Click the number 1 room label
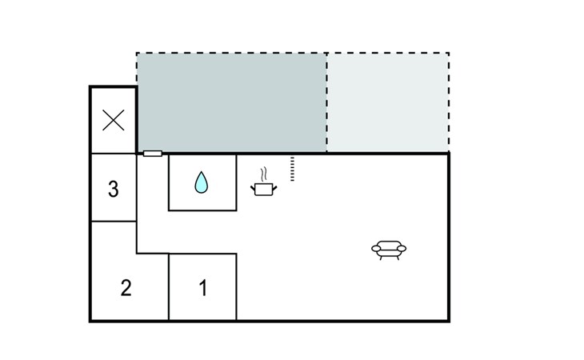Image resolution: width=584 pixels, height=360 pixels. coord(203,288)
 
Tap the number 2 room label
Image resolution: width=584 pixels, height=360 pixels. coord(126,288)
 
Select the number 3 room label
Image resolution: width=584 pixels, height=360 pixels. coord(114,189)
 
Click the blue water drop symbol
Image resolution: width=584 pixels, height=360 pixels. coord(202,182)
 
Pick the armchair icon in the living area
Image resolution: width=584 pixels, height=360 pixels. coord(389,250)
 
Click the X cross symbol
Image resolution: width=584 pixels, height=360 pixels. coord(114,120)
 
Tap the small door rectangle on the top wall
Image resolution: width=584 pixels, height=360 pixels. coord(153,154)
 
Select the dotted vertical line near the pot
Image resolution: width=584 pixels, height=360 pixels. coord(292,169)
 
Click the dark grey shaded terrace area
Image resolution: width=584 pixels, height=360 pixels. coord(232,102)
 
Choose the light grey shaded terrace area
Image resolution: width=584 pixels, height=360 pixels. coord(388,102)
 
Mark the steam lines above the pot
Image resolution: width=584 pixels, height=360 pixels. coord(264,174)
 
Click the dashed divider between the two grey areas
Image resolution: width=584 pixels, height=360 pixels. coord(327,102)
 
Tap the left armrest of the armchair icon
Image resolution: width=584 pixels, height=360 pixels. coord(376,248)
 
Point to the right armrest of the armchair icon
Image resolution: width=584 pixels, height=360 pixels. coord(402,248)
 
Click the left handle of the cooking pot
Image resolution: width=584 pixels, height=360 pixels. coord(253,189)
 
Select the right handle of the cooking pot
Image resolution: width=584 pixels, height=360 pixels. coord(275,189)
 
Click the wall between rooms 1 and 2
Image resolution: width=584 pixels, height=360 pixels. coord(169,287)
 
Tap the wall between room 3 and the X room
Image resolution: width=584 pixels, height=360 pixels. coord(114,154)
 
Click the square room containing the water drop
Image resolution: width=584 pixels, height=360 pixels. coord(202,182)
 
